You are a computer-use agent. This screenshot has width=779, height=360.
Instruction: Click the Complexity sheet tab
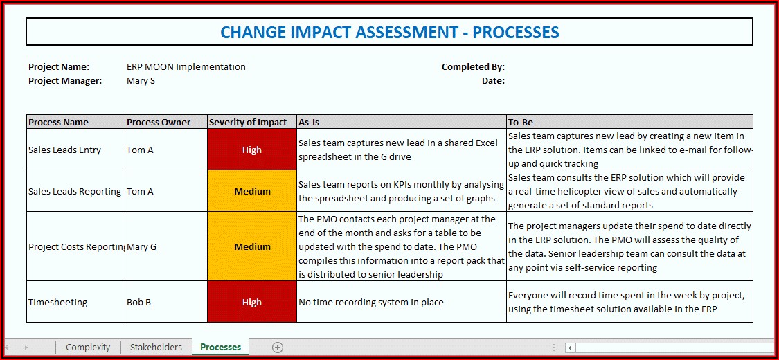coord(88,347)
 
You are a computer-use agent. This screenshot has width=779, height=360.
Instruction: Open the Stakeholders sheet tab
coord(156,347)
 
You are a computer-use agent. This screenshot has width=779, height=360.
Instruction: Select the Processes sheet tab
coord(221,347)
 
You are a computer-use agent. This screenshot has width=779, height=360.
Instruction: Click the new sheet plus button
coord(278,348)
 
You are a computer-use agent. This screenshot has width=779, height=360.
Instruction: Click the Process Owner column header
coord(166,122)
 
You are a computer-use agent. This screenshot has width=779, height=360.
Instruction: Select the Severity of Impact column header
coord(252,122)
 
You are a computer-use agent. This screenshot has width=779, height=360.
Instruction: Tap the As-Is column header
coord(402,122)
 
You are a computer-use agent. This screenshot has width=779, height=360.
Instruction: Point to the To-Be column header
coord(629,122)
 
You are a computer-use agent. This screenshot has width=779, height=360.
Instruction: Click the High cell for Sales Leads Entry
coord(252,150)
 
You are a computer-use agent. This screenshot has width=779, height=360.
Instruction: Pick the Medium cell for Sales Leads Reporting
coord(252,191)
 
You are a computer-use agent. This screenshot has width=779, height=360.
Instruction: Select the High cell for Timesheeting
coord(252,302)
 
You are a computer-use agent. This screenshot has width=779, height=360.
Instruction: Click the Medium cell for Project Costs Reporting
coord(252,246)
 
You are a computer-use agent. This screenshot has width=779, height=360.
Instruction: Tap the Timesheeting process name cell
coord(75,302)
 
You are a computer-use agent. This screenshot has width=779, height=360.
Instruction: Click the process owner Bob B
coord(139,302)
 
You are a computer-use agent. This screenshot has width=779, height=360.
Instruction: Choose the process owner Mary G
coord(141,246)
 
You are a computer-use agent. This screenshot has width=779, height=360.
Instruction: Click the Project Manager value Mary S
coord(141,80)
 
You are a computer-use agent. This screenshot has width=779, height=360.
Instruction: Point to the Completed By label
coord(473,67)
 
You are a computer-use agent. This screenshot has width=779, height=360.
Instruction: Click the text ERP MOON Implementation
coord(186,66)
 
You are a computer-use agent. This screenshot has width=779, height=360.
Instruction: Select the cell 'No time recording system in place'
coord(402,302)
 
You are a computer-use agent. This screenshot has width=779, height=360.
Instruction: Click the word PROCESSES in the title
coord(516,33)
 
